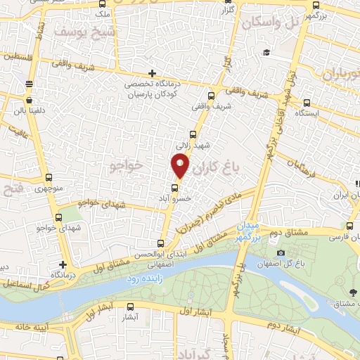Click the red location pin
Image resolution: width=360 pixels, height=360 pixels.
pos(180,166)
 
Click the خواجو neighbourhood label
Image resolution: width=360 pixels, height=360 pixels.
pos(127,165)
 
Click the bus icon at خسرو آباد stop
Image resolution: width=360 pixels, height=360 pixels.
pos(175,188)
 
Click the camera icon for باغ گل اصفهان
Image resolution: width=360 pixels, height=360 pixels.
pos(281,253)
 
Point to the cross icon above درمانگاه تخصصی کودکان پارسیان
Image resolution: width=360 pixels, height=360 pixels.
pos(152,73)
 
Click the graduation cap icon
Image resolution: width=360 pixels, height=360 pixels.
pos(266,53)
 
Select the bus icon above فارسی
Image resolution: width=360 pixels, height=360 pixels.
pos(350,225)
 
